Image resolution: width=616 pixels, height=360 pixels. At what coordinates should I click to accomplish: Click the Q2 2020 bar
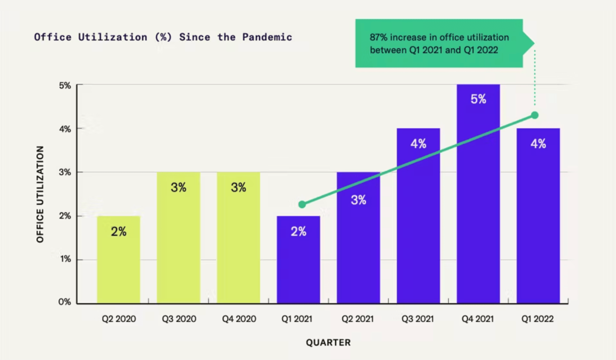pyautogui.click(x=119, y=265)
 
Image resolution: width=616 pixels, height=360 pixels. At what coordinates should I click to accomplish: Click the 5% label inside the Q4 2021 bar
pyautogui.click(x=478, y=99)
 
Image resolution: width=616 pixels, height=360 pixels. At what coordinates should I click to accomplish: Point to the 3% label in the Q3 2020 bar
pyautogui.click(x=179, y=187)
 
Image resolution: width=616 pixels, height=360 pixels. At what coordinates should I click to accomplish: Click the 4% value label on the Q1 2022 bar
pyautogui.click(x=538, y=144)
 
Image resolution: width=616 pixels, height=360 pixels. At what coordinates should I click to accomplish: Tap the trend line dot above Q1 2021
pyautogui.click(x=302, y=205)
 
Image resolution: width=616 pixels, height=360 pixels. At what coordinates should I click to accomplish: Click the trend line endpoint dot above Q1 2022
pyautogui.click(x=535, y=115)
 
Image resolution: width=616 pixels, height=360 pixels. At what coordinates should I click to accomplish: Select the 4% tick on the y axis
pyautogui.click(x=65, y=129)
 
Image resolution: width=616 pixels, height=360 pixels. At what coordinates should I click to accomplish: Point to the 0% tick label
pyautogui.click(x=65, y=302)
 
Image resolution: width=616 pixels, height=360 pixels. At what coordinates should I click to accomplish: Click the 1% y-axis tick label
pyautogui.click(x=65, y=259)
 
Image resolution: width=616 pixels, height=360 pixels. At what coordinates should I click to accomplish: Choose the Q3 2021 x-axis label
pyautogui.click(x=417, y=319)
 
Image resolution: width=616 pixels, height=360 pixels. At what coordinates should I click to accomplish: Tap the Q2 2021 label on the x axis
pyautogui.click(x=357, y=319)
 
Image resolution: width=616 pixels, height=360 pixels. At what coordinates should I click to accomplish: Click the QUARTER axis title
pyautogui.click(x=328, y=342)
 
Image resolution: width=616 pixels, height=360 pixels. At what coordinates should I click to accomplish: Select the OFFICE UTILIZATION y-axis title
pyautogui.click(x=40, y=194)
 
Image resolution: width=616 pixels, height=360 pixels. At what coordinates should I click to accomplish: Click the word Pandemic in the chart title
pyautogui.click(x=267, y=37)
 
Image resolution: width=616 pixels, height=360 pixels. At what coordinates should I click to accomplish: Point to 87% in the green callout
pyautogui.click(x=378, y=37)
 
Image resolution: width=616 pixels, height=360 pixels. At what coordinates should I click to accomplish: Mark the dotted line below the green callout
pyautogui.click(x=535, y=77)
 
